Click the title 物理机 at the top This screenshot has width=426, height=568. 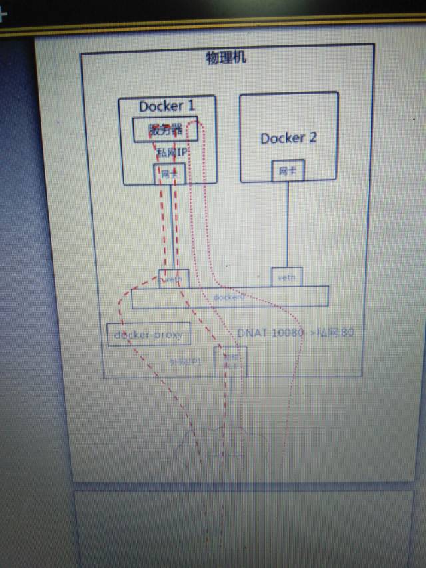click(226, 57)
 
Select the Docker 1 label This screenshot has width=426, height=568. click(167, 106)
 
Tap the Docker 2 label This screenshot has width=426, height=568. click(288, 138)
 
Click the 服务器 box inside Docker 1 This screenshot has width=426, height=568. click(166, 130)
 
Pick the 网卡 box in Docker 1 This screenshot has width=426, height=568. click(170, 174)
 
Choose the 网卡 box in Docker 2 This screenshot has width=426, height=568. click(288, 171)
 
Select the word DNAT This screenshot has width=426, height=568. click(252, 332)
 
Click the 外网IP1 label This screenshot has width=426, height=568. click(186, 362)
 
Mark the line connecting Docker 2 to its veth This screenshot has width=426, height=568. click(287, 223)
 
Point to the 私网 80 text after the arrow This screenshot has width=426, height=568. click(337, 332)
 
